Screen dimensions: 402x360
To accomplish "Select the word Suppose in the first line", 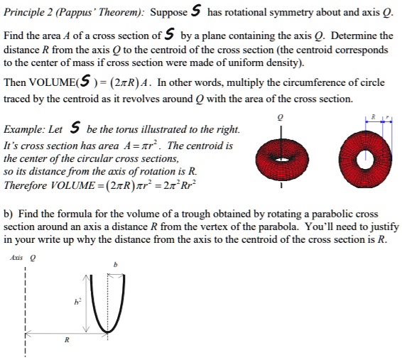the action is point(169,12).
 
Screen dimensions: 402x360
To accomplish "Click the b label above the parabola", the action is point(116,265).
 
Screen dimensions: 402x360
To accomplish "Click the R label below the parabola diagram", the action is point(67,340).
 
